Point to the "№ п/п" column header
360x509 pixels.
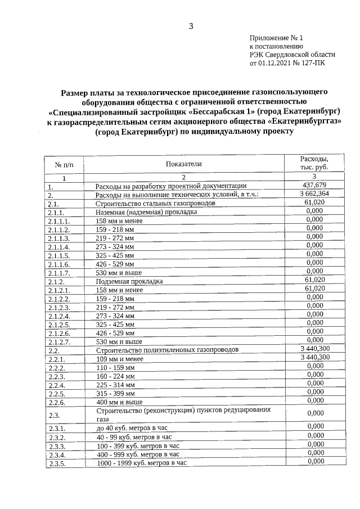(64, 164)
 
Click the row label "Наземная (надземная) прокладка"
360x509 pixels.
(146, 212)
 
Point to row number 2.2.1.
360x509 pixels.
(57, 358)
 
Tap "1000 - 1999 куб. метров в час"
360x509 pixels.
(141, 463)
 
